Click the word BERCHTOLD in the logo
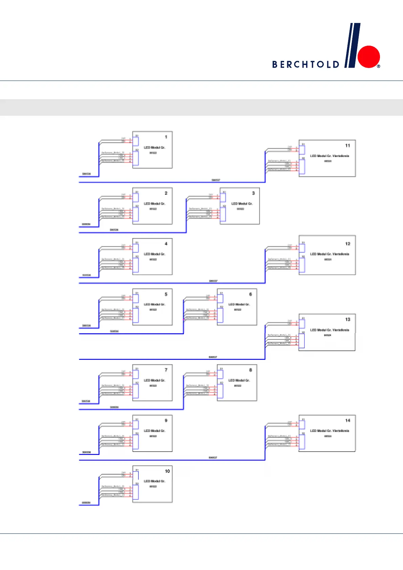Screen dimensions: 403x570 click(306, 64)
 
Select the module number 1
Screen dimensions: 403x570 click(166, 137)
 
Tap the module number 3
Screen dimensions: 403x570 click(253, 193)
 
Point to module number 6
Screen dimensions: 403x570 click(251, 294)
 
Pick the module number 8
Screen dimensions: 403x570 click(251, 370)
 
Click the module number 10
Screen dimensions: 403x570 click(167, 471)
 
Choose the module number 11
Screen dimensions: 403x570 click(347, 146)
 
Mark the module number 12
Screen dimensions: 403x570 click(348, 244)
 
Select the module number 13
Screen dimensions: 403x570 click(348, 320)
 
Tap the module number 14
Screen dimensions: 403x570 click(348, 420)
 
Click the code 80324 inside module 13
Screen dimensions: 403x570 click(327, 335)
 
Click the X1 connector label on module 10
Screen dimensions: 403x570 click(137, 470)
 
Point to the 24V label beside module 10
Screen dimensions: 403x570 click(124, 473)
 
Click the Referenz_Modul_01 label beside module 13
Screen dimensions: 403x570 click(279, 335)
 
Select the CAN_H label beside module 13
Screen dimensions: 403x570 click(288, 338)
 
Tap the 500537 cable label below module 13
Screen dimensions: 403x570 click(213, 357)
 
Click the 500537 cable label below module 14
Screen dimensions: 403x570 click(213, 458)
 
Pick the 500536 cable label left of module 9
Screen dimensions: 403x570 click(86, 452)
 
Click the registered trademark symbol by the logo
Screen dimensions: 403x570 click(379, 66)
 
